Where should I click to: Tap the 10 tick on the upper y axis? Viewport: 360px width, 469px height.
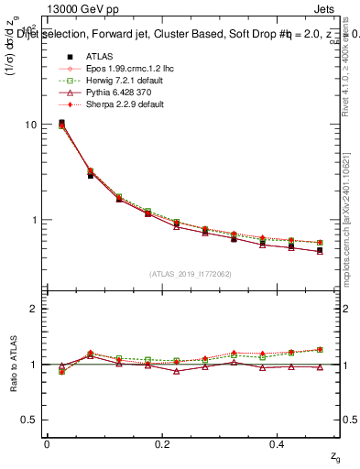tap(30, 125)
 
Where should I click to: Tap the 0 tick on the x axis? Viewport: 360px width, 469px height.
tap(47, 444)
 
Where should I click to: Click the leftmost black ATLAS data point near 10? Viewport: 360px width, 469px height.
tap(61, 123)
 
